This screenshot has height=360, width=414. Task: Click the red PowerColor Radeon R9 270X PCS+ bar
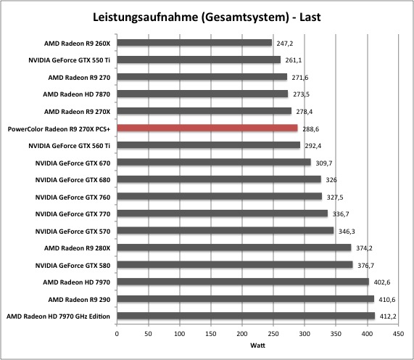(207, 128)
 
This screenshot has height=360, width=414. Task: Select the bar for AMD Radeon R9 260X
(194, 43)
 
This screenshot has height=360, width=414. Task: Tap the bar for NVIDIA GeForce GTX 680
(219, 179)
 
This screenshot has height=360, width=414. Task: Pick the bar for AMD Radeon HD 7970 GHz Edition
(246, 316)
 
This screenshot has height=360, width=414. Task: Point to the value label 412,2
(388, 316)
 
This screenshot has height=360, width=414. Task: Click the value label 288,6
(311, 129)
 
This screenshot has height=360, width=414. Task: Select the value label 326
(331, 180)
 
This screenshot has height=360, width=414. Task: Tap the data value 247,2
(285, 44)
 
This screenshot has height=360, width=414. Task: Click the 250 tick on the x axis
(273, 334)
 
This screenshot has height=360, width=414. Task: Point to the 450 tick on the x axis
(399, 334)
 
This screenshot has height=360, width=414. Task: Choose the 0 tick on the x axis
(117, 334)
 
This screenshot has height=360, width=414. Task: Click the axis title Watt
(257, 345)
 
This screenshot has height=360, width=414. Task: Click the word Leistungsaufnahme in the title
(146, 17)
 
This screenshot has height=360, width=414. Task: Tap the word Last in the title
(310, 17)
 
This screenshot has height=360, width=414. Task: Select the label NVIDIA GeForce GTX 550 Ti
(69, 60)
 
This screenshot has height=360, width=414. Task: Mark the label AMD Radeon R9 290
(79, 300)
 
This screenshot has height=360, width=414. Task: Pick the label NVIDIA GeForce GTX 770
(73, 214)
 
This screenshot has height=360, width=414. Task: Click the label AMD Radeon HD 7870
(77, 94)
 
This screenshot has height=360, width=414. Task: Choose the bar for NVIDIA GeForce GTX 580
(235, 265)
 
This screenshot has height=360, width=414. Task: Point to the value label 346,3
(347, 232)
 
